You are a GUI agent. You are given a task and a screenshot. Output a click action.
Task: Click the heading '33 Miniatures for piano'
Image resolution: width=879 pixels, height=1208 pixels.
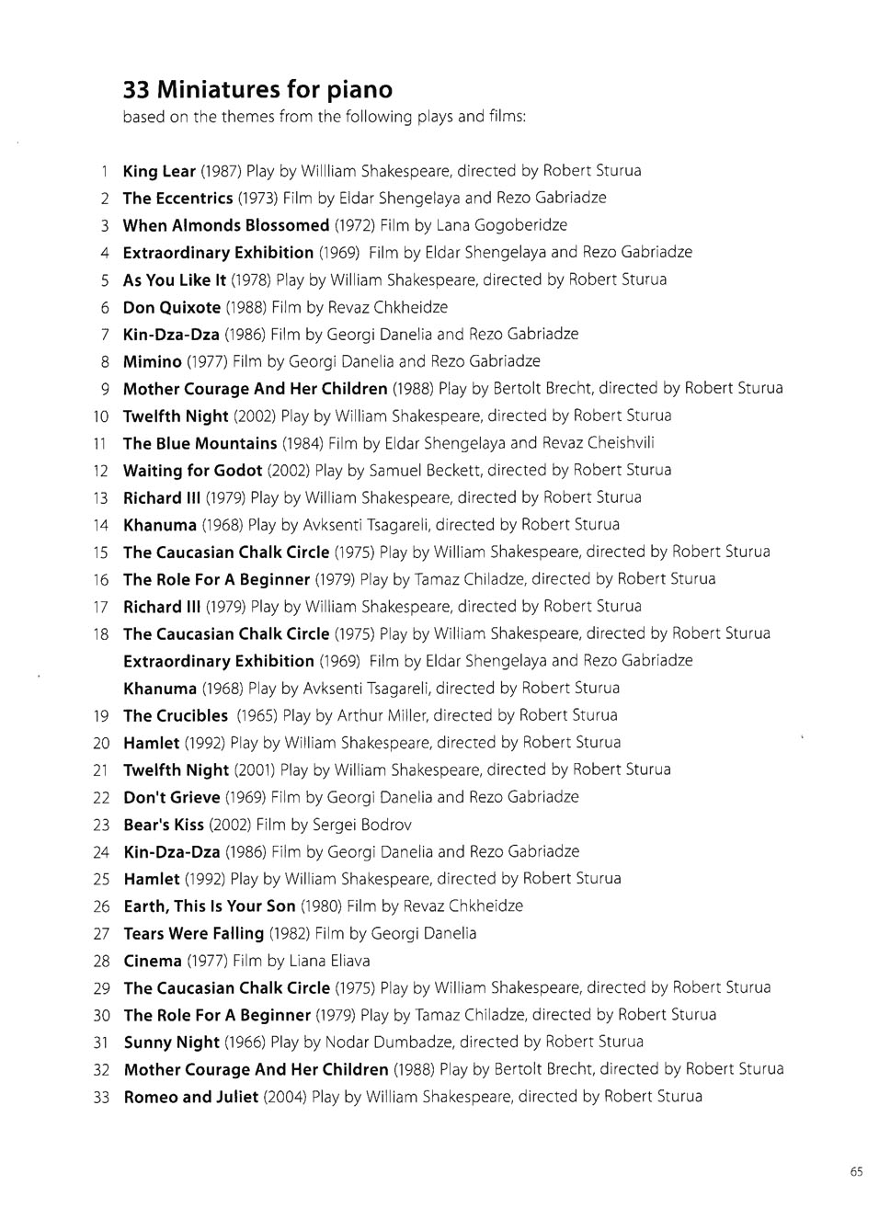[257, 90]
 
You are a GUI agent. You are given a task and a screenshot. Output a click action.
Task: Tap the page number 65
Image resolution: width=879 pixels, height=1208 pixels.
[856, 1171]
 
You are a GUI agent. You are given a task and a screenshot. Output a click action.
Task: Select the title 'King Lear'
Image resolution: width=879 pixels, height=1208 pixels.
[159, 171]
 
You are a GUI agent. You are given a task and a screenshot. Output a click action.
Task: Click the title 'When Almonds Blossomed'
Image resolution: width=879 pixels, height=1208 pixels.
[225, 225]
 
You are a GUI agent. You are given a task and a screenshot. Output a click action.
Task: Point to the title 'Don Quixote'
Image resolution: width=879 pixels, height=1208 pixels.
[172, 307]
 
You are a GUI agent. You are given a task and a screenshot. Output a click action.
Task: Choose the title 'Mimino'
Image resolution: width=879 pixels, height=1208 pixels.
[152, 361]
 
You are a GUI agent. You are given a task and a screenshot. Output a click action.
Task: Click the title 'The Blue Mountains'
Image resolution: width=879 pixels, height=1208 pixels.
[200, 443]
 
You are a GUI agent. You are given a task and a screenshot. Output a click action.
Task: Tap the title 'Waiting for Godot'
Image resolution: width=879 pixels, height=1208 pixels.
[192, 471]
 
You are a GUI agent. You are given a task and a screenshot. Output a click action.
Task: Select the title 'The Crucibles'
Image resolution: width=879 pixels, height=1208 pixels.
[175, 715]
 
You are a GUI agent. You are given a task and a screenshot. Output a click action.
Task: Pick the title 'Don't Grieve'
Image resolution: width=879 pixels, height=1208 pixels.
[171, 797]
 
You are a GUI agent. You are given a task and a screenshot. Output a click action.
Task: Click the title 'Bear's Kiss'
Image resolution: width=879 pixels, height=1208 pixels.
[163, 825]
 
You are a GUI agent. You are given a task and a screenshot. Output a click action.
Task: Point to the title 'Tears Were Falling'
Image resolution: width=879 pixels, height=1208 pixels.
[193, 933]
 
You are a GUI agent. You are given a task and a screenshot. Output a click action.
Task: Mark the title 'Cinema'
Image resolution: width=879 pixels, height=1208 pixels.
[152, 961]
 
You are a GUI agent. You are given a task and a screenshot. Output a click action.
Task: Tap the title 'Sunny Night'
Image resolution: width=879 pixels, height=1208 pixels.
[171, 1042]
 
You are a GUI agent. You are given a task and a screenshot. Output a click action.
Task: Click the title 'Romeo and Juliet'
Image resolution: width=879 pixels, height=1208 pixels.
[190, 1097]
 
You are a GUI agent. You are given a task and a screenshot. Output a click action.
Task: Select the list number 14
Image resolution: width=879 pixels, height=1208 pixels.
[101, 526]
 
